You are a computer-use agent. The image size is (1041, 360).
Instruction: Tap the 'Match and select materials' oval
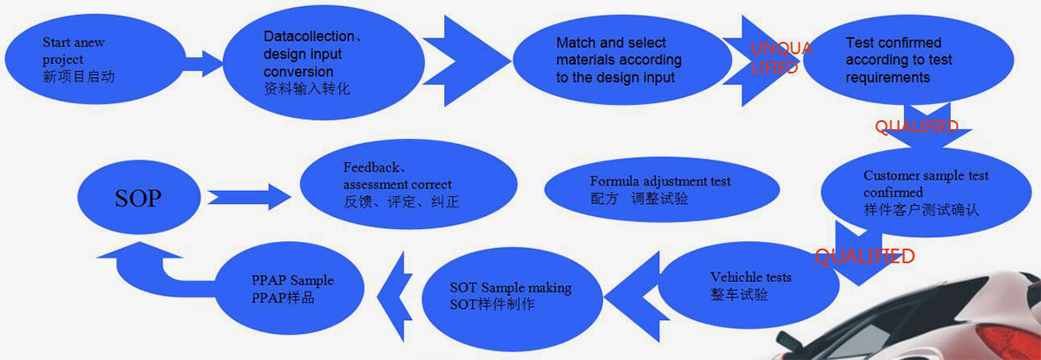pos(618,59)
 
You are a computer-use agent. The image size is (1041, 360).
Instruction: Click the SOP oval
pos(139,198)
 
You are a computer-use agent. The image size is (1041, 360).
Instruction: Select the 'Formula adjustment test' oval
pos(659,190)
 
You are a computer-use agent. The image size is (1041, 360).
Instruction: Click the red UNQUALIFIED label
pos(780,57)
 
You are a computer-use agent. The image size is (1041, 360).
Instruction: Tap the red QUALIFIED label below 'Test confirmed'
pos(916,127)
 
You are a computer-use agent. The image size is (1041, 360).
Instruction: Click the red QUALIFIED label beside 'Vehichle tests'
pos(864,256)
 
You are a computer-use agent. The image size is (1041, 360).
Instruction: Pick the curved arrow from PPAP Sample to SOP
pos(143,265)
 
